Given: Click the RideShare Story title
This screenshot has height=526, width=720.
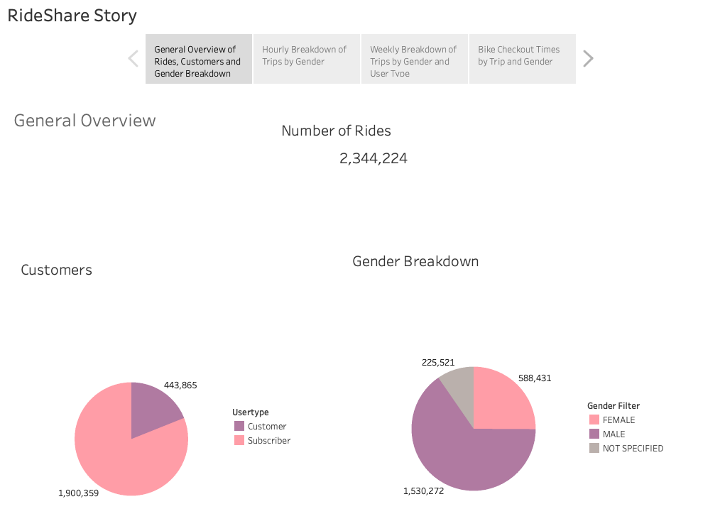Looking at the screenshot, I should pos(72,16).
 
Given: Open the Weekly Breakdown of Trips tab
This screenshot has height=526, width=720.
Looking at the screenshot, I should pos(414,60).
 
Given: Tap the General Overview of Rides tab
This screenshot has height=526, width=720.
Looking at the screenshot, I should pos(198,60).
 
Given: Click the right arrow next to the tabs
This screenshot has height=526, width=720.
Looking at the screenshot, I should pos(587,59).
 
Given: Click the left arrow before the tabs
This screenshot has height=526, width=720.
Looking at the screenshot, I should pos(133,59).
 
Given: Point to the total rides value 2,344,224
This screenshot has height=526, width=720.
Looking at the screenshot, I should pos(373,158).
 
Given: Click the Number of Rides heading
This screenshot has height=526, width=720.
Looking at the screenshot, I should pos(336,131).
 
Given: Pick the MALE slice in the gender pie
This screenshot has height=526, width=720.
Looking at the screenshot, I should pos(462,461).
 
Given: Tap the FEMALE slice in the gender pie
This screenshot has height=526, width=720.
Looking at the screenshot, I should pos(501,401).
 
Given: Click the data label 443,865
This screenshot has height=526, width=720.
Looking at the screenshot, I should pos(180,385).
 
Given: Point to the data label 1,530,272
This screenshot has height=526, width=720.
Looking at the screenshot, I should pos(423,491).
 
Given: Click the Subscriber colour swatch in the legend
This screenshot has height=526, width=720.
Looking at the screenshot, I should pos(239,441).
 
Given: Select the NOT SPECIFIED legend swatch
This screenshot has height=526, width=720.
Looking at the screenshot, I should pos(594,449).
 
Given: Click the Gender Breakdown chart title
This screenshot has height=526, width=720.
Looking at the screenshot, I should pos(415,261).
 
